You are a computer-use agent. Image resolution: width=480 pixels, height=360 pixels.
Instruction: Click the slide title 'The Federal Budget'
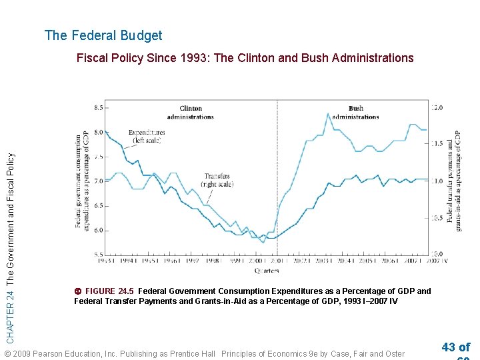[103, 35]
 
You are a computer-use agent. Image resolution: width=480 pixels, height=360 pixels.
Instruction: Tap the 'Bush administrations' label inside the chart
[355, 112]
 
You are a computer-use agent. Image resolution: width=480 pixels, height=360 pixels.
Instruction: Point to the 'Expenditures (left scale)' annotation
[146, 136]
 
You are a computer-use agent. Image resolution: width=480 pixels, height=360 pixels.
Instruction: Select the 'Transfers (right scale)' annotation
[218, 180]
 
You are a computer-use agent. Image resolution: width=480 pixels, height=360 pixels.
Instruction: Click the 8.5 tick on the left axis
[97, 107]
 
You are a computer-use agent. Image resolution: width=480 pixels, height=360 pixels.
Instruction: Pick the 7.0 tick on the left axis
[97, 181]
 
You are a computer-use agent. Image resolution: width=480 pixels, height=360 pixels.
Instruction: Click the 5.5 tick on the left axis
[97, 255]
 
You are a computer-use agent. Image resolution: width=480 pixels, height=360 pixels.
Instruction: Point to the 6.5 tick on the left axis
[97, 205]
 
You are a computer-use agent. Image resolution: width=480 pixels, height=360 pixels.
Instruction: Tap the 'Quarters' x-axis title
[267, 271]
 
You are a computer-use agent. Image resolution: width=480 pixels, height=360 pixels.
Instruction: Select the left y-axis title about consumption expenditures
[82, 181]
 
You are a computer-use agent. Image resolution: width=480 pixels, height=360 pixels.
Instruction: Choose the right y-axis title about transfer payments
[453, 181]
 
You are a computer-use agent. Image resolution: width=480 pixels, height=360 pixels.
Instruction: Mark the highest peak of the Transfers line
[328, 114]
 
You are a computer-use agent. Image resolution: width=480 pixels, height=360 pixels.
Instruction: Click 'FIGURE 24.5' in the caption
[109, 291]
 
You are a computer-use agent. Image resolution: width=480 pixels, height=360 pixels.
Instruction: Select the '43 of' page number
[455, 347]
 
